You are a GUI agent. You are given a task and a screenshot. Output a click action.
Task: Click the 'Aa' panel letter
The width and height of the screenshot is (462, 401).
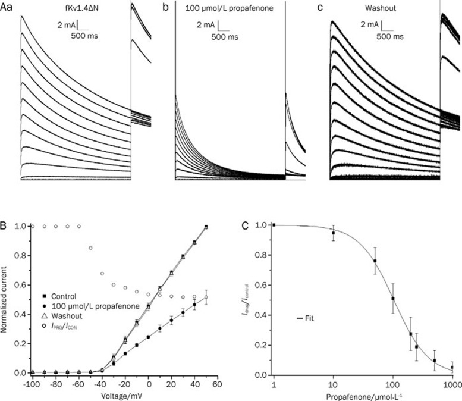point(7,8)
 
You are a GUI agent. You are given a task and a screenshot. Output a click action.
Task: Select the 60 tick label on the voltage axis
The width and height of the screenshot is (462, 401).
point(219,384)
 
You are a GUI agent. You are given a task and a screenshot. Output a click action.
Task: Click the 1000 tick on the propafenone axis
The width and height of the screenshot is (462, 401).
point(452,384)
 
